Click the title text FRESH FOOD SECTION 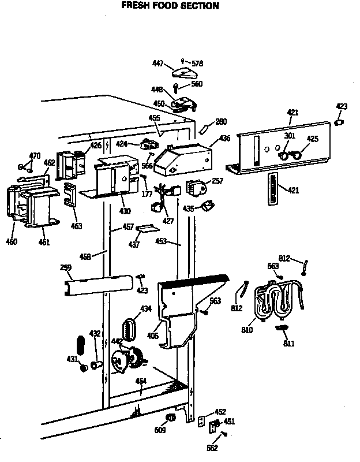(170, 6)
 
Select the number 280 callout (221, 121)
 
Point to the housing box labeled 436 (186, 158)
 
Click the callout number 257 (217, 181)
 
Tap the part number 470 (35, 155)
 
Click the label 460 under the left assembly (11, 241)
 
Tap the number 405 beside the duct (153, 336)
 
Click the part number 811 (288, 344)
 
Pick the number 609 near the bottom (160, 430)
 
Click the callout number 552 (213, 448)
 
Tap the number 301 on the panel (289, 136)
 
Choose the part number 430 (125, 211)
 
